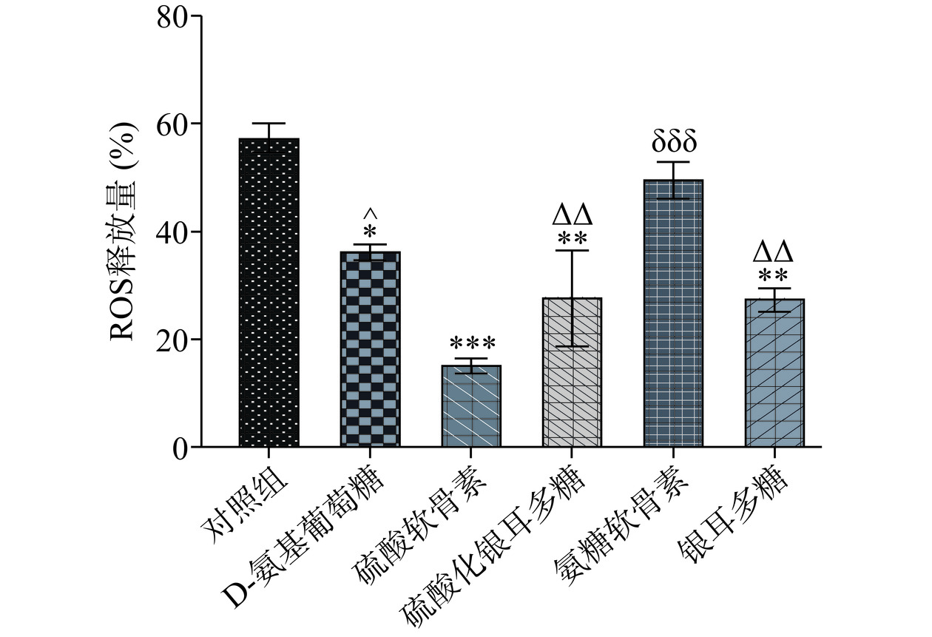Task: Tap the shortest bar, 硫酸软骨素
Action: click(471, 406)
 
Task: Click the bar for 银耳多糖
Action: click(774, 373)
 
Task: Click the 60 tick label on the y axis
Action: click(172, 124)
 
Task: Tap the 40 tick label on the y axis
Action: click(172, 232)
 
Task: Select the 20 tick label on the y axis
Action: click(172, 340)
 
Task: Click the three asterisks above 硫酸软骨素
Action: click(472, 343)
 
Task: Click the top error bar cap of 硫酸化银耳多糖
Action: click(572, 251)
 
